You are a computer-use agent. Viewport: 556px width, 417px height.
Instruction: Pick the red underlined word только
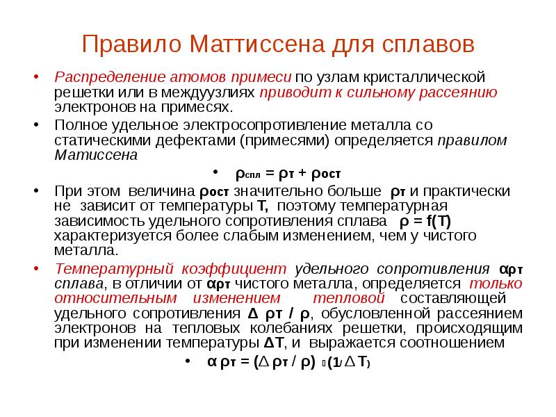(496, 284)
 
